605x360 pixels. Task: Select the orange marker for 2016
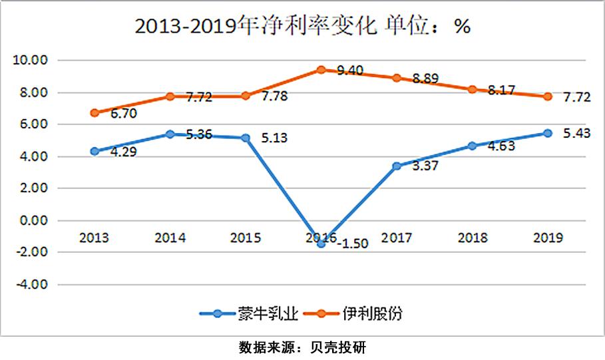click(321, 69)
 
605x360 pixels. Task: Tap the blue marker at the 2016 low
click(321, 244)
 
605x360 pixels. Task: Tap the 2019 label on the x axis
click(548, 238)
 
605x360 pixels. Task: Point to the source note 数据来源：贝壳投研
click(302, 347)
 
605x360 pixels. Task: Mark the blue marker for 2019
click(548, 133)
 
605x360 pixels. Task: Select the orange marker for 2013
click(95, 112)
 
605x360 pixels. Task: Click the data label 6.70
click(123, 114)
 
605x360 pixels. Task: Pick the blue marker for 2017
click(397, 166)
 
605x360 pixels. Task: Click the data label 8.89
click(426, 79)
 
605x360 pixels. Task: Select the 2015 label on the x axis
click(245, 238)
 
